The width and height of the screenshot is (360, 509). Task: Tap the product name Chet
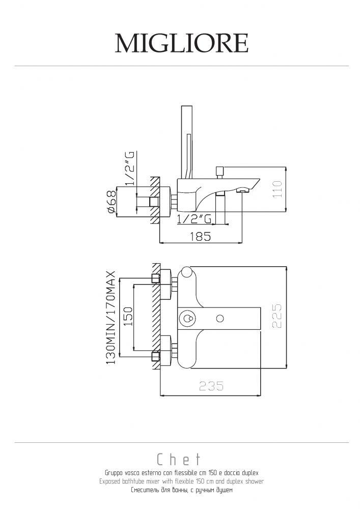click(x=180, y=461)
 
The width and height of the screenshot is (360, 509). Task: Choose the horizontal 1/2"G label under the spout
click(x=193, y=219)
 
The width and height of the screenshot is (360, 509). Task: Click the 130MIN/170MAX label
click(x=111, y=317)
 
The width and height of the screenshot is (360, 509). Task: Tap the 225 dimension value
click(x=277, y=316)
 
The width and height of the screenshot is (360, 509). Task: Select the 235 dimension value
click(x=210, y=386)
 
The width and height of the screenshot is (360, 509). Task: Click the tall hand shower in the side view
click(x=188, y=137)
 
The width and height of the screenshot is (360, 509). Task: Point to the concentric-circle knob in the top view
click(x=186, y=319)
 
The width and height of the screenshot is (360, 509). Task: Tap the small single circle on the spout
click(x=220, y=319)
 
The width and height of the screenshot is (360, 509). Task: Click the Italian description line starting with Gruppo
click(x=181, y=473)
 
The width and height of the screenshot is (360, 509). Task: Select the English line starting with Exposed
click(x=181, y=481)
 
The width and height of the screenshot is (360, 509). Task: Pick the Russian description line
click(x=181, y=490)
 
